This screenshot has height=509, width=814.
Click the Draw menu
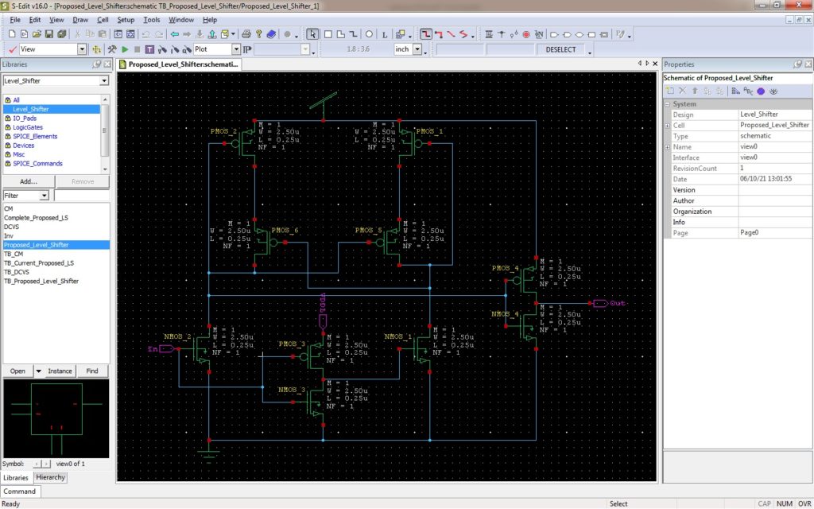point(80,19)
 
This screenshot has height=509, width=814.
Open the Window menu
point(180,19)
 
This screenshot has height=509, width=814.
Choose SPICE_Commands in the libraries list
point(37,163)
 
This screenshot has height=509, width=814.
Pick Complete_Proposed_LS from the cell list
point(36,217)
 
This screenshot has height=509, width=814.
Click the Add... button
point(29,181)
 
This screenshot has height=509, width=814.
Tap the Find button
point(92,371)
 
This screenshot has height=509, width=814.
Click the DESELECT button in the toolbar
point(561,49)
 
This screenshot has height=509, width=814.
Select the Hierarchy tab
point(50,477)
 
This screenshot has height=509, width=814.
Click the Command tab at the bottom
point(20,491)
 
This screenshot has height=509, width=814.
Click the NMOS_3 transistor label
point(292,390)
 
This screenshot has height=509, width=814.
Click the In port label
point(152,348)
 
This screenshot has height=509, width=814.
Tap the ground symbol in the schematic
point(208,453)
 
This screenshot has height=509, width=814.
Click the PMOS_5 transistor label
point(369,231)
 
